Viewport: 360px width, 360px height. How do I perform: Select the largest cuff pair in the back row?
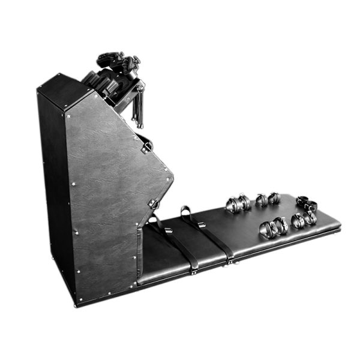(238, 203)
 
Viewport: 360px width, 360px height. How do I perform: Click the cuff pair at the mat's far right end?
(305, 203)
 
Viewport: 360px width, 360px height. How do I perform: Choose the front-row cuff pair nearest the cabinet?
(273, 227)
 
